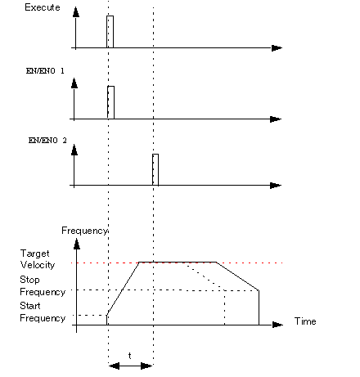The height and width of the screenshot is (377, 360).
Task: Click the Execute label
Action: [x=43, y=7]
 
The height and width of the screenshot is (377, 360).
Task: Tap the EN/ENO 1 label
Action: [x=45, y=71]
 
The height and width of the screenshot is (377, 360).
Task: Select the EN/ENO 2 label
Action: [x=47, y=141]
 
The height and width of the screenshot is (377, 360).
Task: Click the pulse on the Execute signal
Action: [x=110, y=32]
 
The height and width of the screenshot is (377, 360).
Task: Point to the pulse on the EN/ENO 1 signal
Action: [x=110, y=102]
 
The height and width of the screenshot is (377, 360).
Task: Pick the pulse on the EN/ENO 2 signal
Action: [x=155, y=169]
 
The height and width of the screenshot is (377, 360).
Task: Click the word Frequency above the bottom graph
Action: [x=84, y=231]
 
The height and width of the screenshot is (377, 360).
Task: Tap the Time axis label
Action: [x=305, y=321]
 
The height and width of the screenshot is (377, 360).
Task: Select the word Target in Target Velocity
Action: [x=34, y=254]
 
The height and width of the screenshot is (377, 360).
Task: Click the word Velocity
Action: [x=38, y=265]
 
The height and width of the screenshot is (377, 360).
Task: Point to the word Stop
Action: [x=29, y=280]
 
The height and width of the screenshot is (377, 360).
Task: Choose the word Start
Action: [x=30, y=306]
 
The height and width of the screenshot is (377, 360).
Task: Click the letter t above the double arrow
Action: [x=130, y=356]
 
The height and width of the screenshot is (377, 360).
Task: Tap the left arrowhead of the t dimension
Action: [x=115, y=366]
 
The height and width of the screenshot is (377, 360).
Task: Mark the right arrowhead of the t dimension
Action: [x=146, y=366]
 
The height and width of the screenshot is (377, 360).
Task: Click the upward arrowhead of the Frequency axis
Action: [x=77, y=244]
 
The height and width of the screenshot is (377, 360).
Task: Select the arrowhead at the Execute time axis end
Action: [x=277, y=48]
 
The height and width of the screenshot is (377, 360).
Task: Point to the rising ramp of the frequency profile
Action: [x=123, y=289]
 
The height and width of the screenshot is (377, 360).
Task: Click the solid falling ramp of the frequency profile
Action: [x=237, y=276]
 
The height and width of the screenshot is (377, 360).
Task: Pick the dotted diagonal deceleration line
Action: [x=204, y=276]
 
